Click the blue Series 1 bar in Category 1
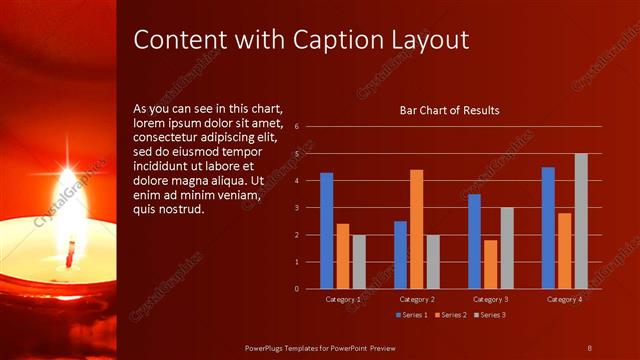click(326, 230)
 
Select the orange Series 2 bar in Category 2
click(416, 229)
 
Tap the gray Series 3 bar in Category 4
click(581, 221)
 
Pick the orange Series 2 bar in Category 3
click(491, 264)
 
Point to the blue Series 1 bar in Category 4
click(548, 228)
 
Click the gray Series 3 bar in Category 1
click(359, 261)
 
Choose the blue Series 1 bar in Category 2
click(400, 254)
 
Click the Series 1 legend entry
click(413, 315)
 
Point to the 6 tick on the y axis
click(296, 127)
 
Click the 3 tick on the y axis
click(296, 208)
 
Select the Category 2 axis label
click(416, 299)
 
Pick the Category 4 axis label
click(564, 299)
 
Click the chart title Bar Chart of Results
click(449, 110)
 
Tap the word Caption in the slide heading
click(340, 40)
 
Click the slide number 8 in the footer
click(590, 346)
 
